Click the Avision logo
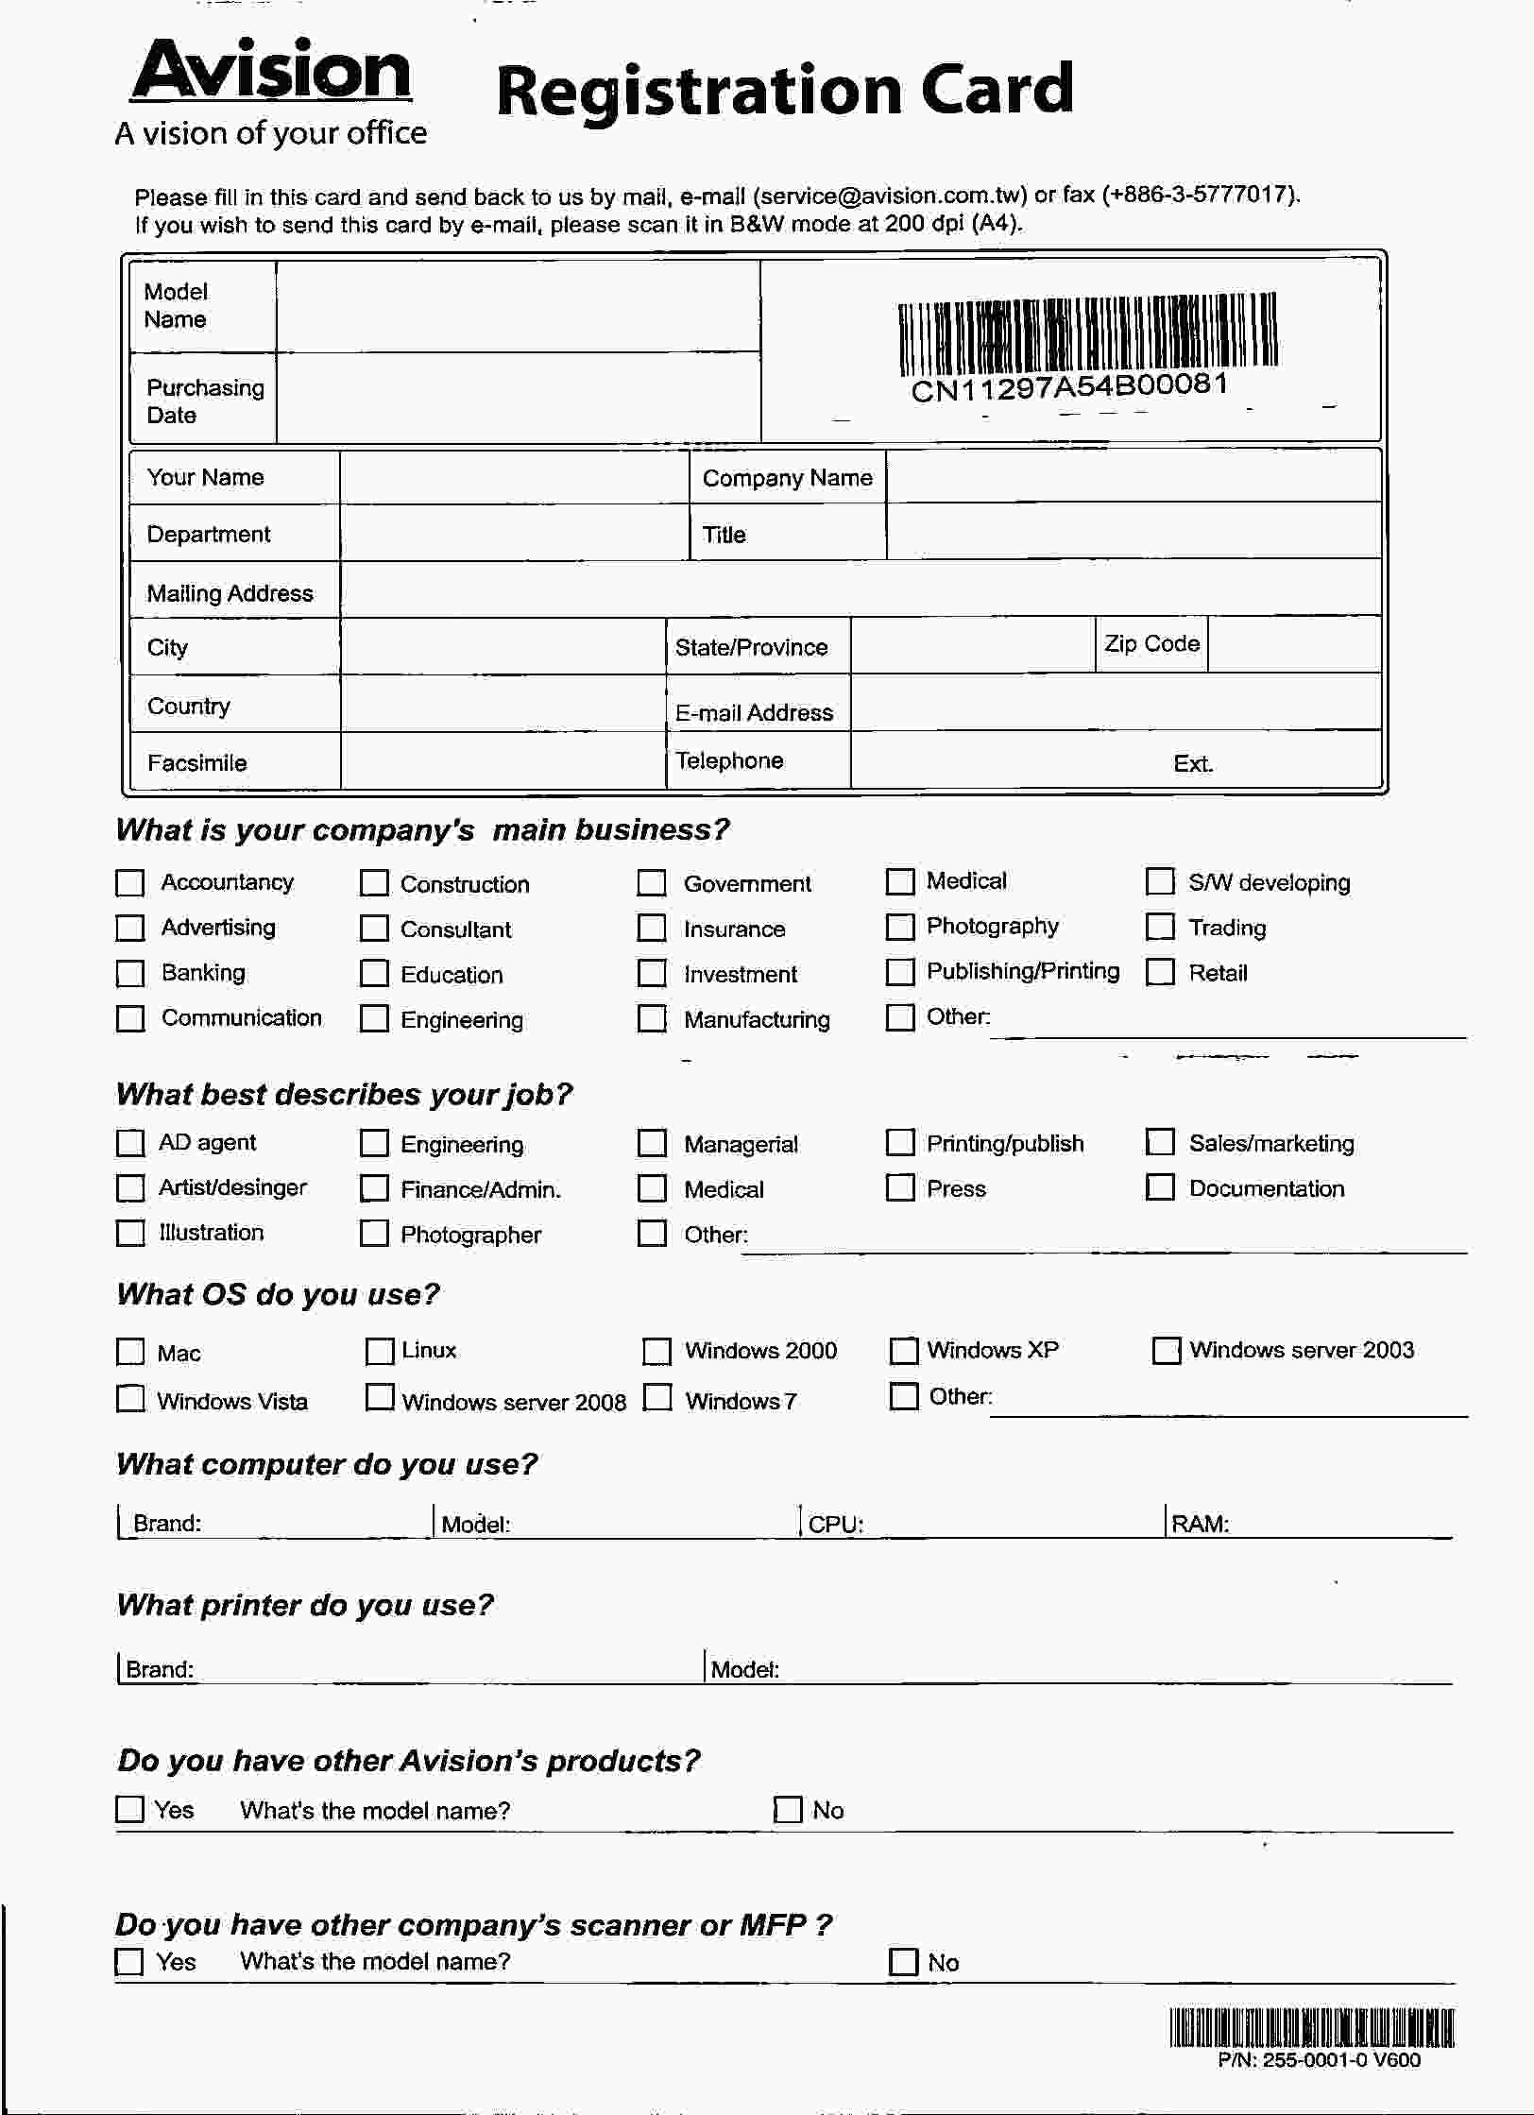271,72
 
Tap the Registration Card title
784,91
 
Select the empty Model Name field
518,306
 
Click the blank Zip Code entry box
1293,645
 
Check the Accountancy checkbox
129,883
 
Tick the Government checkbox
652,883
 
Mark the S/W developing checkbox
1160,881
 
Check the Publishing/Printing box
900,972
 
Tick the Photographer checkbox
374,1234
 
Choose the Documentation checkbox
1160,1187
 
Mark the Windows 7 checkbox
657,1399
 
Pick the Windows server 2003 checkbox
1167,1351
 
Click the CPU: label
836,1524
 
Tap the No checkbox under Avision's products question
787,1810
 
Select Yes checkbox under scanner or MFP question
129,1963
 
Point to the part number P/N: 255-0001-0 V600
1319,2060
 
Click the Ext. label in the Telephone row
1193,763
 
